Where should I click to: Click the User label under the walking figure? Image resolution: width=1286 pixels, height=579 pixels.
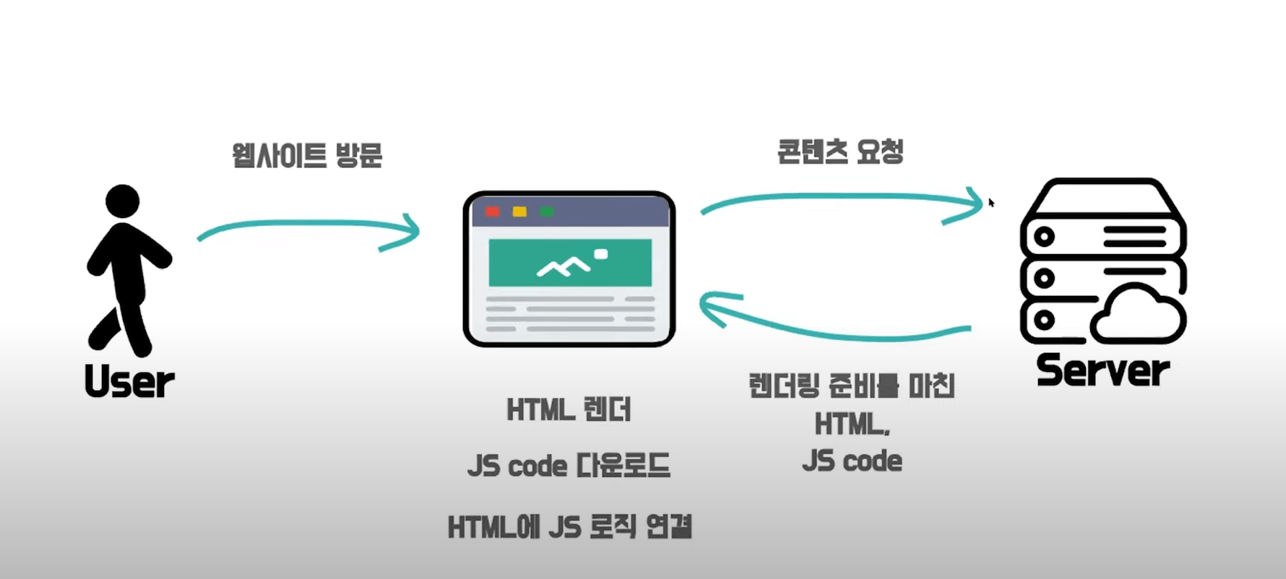tap(129, 381)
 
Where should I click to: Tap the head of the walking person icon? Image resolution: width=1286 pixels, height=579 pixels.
tap(122, 200)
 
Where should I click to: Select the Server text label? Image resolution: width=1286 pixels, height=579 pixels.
tap(1102, 370)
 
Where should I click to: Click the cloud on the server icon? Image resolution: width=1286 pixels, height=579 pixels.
tap(1138, 315)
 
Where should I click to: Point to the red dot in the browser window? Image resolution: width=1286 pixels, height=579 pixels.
tap(493, 212)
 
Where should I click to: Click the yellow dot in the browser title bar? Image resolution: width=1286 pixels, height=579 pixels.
tap(519, 212)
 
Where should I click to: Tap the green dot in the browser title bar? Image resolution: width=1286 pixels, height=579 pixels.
tap(547, 212)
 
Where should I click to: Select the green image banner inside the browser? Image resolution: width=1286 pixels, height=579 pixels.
tap(570, 263)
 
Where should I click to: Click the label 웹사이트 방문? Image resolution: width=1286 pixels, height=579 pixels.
tap(307, 155)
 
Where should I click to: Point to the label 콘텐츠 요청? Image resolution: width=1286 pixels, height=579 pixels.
tap(840, 152)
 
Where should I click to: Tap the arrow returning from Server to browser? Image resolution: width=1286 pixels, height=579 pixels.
tap(834, 325)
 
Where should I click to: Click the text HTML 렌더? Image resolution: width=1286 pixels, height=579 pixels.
tap(569, 410)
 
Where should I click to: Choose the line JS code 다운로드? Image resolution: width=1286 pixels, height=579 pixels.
tap(569, 466)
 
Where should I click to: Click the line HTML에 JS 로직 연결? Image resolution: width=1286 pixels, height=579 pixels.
tap(570, 527)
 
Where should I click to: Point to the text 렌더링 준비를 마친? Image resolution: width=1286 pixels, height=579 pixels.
tap(852, 386)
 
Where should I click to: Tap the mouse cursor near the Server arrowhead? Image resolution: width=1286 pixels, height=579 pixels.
tap(991, 203)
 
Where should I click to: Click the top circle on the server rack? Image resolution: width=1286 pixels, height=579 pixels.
tap(1043, 236)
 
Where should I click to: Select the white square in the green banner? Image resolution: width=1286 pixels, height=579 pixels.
tap(600, 253)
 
